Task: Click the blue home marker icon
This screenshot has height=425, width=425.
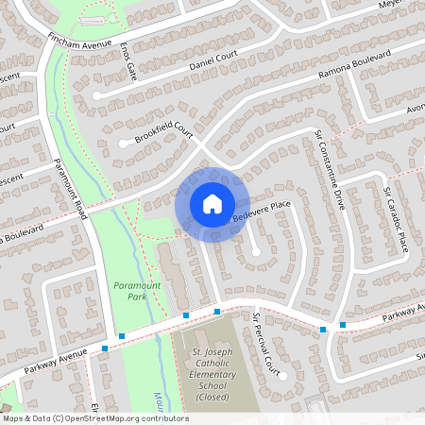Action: point(212,203)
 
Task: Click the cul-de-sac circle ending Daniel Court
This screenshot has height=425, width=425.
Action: point(97,95)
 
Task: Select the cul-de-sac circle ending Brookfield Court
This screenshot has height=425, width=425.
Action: point(124,144)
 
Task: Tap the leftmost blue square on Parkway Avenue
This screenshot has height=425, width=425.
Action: point(104,348)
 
